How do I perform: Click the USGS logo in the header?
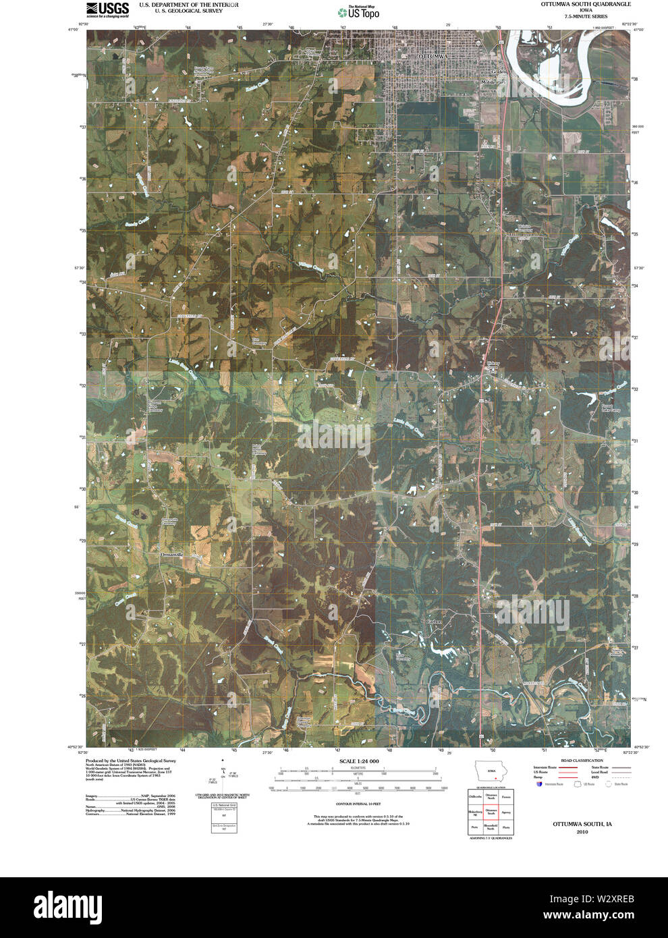coord(107,9)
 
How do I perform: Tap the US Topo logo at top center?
coord(358,11)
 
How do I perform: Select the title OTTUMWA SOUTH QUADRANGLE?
coord(586,4)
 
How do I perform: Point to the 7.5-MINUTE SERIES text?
coord(586,16)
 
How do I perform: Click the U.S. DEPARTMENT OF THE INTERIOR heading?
coord(188,5)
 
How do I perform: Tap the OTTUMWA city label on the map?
coord(433,56)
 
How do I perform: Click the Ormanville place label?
coord(171,555)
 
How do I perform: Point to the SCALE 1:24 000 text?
coord(359,761)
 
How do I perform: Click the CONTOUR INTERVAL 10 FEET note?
coord(358,804)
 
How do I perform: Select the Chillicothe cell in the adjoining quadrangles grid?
coord(476,797)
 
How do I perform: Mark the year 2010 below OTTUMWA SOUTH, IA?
coord(582,832)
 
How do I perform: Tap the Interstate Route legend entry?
coord(545,767)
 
